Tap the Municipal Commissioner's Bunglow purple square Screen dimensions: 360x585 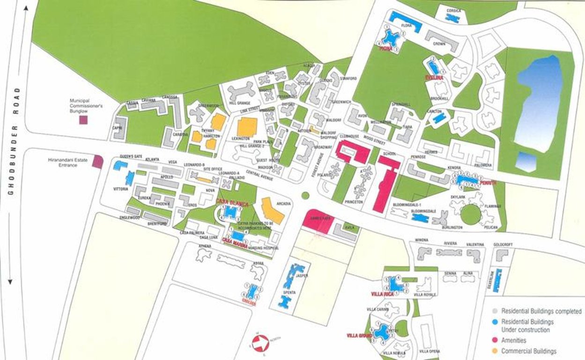(x=83, y=120)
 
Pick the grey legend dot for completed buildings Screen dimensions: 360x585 (x=495, y=311)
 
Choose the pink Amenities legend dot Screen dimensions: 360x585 (x=495, y=340)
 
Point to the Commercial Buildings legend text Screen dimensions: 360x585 (x=529, y=351)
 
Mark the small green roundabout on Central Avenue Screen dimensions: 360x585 (x=305, y=195)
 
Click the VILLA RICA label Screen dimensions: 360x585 (x=382, y=294)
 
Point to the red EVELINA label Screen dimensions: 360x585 (x=434, y=77)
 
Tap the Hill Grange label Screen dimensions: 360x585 (x=239, y=103)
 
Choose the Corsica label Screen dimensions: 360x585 (x=453, y=10)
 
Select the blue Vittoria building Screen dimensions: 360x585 (x=129, y=178)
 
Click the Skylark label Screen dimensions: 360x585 (x=458, y=197)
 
